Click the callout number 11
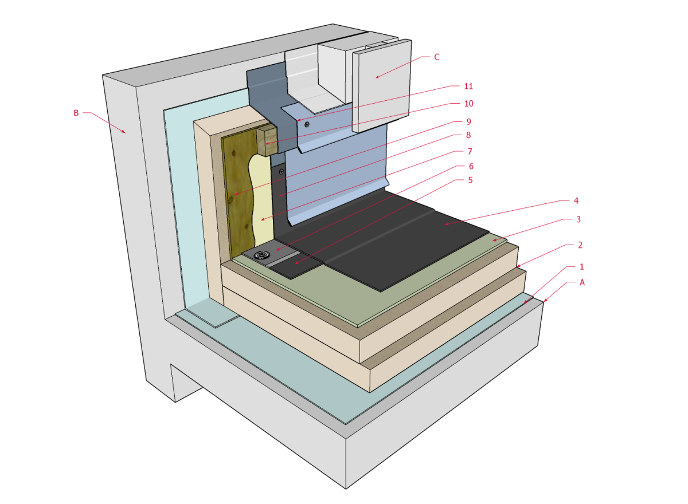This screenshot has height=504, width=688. coord(468,86)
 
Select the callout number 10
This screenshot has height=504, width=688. coord(468,104)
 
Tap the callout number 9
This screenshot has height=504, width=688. coord(468,121)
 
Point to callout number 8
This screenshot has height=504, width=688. coord(468,135)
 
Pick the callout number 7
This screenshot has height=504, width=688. coord(468,151)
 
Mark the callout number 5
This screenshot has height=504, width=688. coord(468,181)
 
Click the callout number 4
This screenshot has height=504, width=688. coord(576,200)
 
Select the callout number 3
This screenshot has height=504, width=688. coord(579,219)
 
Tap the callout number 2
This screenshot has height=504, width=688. coord(581,245)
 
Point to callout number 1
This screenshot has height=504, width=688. coord(582,266)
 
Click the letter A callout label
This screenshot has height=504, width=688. coord(583,282)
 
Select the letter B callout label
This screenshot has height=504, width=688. coord(76,113)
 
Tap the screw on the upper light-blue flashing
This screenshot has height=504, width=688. coord(307,124)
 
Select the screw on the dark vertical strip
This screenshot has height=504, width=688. coord(280,171)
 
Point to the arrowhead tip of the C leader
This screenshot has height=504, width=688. coord(376,77)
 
